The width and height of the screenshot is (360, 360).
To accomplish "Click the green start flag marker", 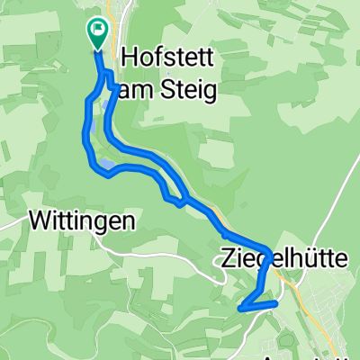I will coord(96,31).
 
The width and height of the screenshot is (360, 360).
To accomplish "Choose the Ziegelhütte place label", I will coord(283,258).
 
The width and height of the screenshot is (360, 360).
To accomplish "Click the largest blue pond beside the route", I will coord(106,166).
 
